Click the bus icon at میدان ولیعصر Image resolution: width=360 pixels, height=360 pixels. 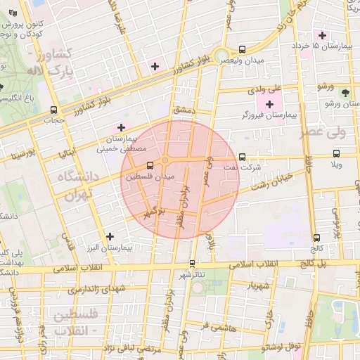click(x=243, y=50)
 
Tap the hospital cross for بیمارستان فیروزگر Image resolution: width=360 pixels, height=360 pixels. click(x=269, y=105)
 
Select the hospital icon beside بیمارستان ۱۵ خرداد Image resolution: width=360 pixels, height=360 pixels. click(x=323, y=35)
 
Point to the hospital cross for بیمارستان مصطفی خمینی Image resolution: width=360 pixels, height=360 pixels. click(x=121, y=128)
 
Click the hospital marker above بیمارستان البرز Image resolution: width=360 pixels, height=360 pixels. click(x=108, y=236)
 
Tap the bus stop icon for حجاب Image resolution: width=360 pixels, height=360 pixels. click(x=54, y=110)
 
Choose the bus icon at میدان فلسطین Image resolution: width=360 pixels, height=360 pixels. click(x=149, y=167)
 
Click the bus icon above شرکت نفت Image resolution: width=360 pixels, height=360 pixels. click(x=243, y=157)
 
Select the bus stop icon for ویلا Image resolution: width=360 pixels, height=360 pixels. click(x=336, y=153)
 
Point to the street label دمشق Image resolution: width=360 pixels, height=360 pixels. click(x=182, y=111)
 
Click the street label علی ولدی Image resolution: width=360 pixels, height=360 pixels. click(x=265, y=90)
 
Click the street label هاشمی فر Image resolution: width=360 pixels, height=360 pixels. click(x=213, y=327)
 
